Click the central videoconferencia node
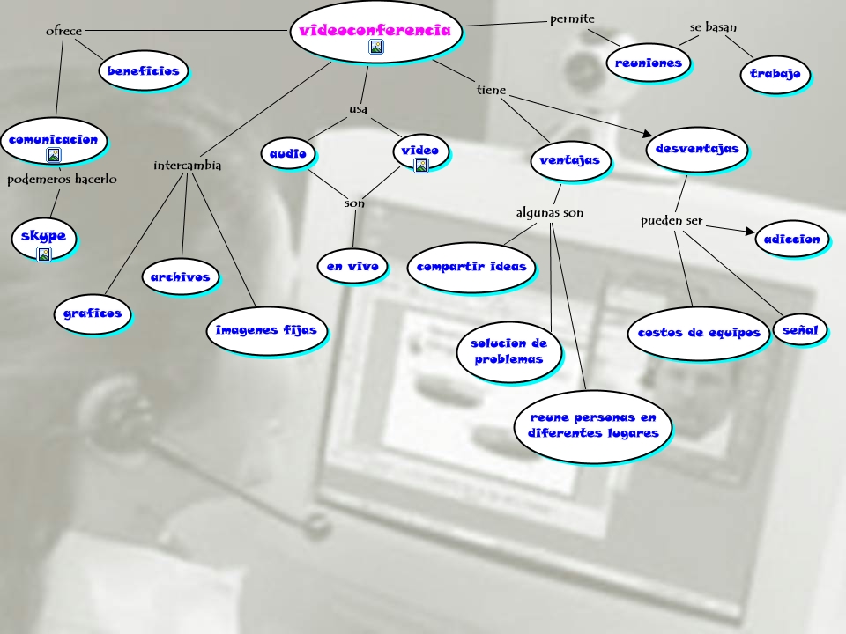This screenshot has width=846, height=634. [x=375, y=32]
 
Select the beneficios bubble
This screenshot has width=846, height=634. [x=144, y=70]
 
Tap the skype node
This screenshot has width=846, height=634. [x=43, y=238]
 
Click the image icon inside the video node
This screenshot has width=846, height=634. [x=421, y=166]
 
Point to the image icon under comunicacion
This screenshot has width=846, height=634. [x=54, y=155]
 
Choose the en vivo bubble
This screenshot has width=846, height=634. [x=352, y=266]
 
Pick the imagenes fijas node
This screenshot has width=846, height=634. [x=267, y=330]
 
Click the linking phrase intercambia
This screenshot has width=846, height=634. [x=187, y=165]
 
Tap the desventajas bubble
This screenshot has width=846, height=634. [x=696, y=149]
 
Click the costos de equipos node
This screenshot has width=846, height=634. [x=698, y=333]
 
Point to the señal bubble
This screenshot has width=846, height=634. [x=800, y=330]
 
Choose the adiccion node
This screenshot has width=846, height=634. [x=792, y=239]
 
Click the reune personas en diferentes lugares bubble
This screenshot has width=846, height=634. [x=592, y=425]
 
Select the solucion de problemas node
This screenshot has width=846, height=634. [x=508, y=351]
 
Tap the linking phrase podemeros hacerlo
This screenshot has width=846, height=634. [x=62, y=180]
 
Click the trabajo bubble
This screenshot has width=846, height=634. [x=775, y=74]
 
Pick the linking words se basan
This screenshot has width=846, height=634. [x=713, y=27]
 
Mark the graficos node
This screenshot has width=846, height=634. [x=92, y=313]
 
